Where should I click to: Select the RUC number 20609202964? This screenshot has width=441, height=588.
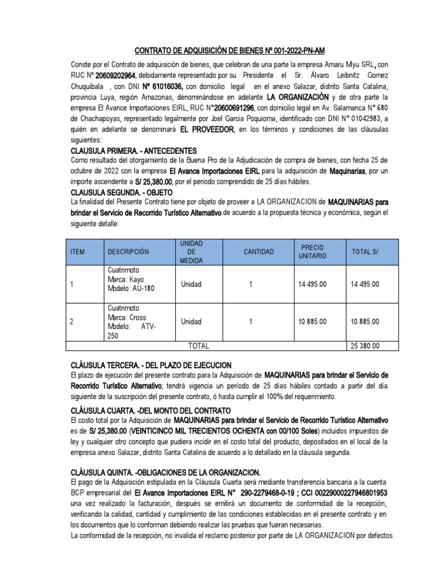[115, 75]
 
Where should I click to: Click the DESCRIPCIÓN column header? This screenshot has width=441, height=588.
[128, 252]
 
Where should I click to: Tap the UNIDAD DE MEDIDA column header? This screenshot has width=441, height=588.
[191, 252]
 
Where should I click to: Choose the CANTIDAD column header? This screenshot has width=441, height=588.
[258, 252]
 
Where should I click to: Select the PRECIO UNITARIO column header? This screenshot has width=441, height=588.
[312, 252]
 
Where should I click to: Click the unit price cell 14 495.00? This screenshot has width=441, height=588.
[312, 284]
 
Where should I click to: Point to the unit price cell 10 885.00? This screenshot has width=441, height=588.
[312, 322]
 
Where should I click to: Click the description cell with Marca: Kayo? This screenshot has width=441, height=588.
[131, 279]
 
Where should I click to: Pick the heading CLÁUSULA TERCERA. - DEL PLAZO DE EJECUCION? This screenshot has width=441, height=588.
[150, 365]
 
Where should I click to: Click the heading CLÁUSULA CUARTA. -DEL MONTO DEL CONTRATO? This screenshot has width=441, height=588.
[150, 411]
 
